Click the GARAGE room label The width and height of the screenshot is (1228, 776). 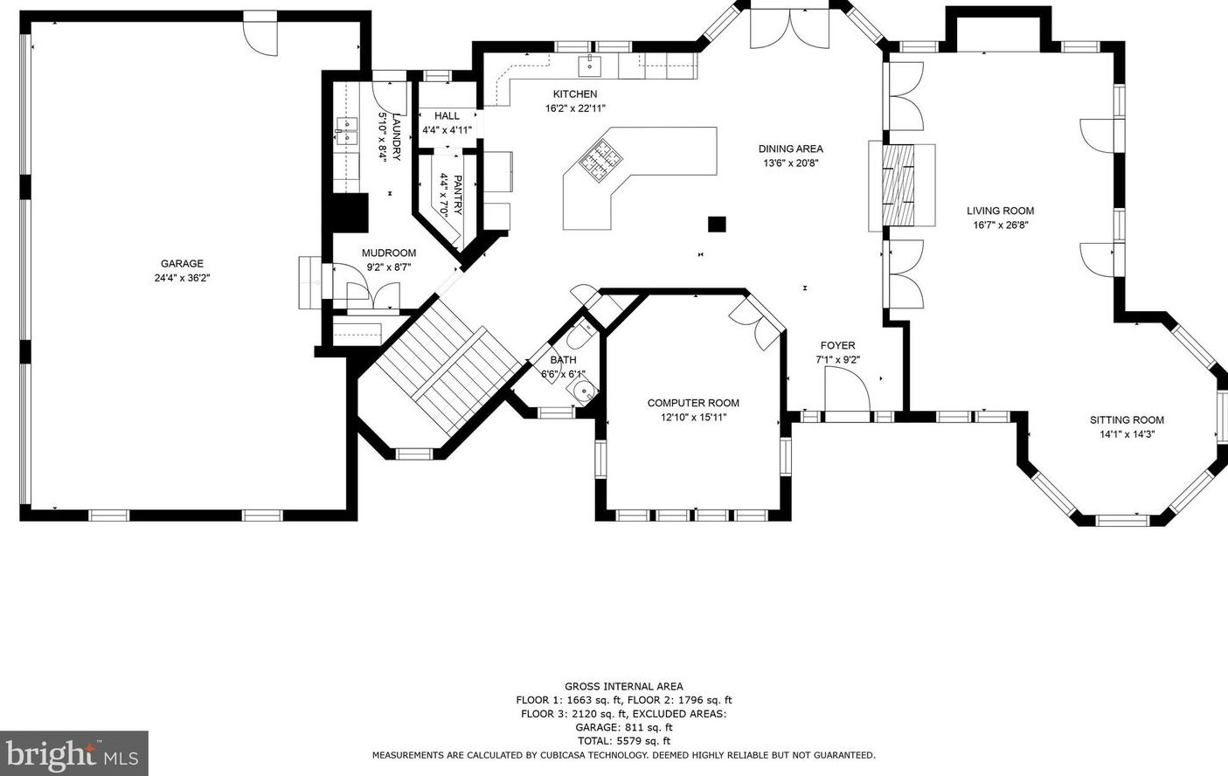tap(182, 264)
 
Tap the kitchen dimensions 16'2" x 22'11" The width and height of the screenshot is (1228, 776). tap(575, 108)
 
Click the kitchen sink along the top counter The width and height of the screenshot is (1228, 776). tap(590, 66)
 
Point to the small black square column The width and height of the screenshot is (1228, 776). tap(717, 224)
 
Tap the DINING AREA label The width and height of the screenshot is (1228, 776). tap(790, 149)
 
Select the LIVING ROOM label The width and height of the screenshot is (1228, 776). tap(1001, 211)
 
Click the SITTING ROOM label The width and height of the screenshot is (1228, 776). tap(1127, 420)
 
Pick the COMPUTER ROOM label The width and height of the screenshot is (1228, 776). tap(693, 404)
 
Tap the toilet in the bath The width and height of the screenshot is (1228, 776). tap(578, 336)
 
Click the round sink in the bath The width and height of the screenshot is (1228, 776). tap(582, 391)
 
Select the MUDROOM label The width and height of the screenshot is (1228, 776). tap(389, 253)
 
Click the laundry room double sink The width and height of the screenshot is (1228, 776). tap(346, 131)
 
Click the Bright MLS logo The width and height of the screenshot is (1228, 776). tap(73, 753)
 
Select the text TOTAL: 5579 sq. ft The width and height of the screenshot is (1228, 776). tap(624, 741)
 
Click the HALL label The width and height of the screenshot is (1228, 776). tap(447, 116)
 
